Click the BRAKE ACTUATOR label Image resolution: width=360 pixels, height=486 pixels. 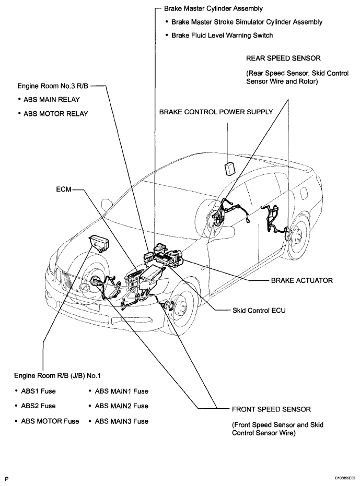tap(301, 280)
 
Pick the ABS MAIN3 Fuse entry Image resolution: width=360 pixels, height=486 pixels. tap(121, 421)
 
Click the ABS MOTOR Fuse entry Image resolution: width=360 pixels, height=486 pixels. tap(50, 421)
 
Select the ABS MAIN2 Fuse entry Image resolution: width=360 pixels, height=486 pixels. tap(121, 406)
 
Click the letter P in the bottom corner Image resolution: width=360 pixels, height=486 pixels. tap(6, 478)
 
